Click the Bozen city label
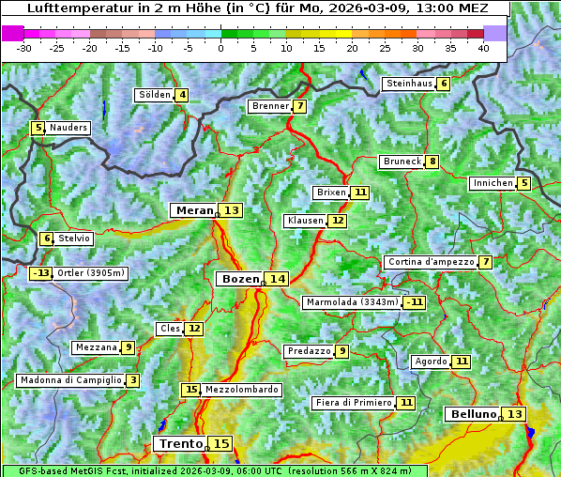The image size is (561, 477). pos(239,279)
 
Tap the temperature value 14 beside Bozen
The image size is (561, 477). pos(277,279)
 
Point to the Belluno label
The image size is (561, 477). pos(472,414)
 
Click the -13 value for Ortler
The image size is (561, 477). pos(40,273)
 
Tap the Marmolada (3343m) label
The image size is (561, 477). pos(352,302)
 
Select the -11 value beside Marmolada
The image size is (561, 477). pos(414,302)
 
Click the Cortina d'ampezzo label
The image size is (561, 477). pos(431,262)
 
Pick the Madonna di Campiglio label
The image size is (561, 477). pos(70,380)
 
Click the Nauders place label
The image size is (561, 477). pos(68,128)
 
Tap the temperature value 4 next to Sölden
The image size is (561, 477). pos(182,95)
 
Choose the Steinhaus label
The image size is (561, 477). pos(409,84)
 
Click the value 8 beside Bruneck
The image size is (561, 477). pos(432,162)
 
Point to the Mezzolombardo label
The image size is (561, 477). pos(241,390)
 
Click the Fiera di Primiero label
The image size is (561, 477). pos(354,403)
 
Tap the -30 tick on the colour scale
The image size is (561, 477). pos(24,47)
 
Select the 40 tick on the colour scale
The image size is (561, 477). pos(483,47)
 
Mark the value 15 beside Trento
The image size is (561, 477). pos(220,443)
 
